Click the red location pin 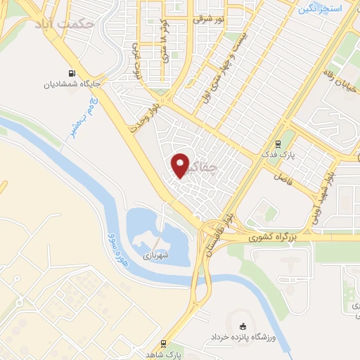pos(181,165)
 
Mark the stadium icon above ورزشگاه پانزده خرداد pos(244,326)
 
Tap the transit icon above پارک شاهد pos(163,344)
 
